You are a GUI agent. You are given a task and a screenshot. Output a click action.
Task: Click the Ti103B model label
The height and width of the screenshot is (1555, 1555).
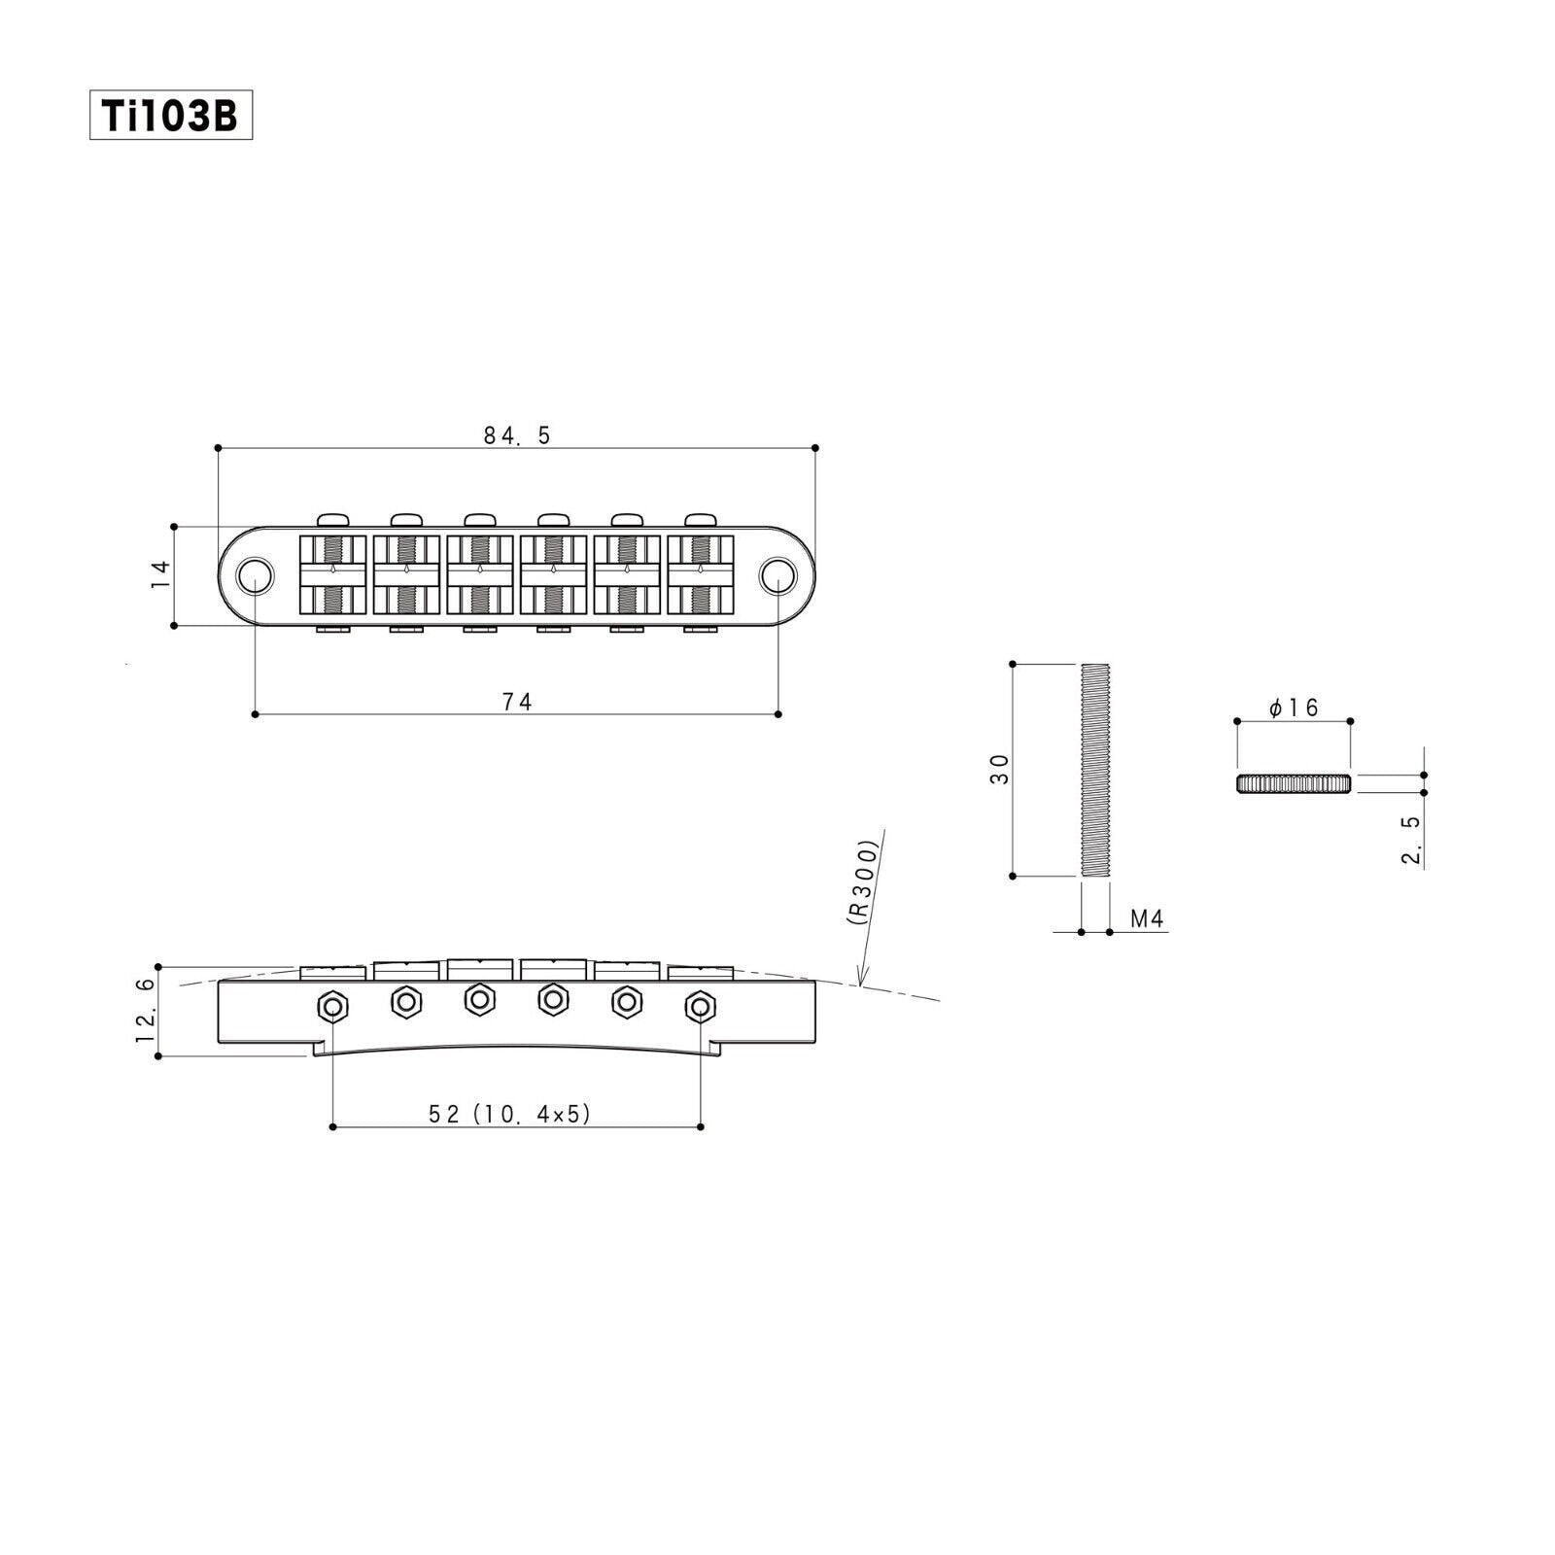coord(171,116)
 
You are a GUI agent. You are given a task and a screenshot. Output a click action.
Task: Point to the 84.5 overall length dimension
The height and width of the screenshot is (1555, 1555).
coord(517,435)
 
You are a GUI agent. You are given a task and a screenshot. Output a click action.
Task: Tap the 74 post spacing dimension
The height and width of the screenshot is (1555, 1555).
coord(517,701)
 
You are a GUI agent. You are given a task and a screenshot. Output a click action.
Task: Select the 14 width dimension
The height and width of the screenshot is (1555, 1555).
coord(161,574)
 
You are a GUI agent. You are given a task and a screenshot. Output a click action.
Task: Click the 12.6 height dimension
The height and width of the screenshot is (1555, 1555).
coord(145,1012)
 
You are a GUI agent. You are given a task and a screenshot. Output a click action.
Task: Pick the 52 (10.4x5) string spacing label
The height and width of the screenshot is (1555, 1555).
coord(510,1114)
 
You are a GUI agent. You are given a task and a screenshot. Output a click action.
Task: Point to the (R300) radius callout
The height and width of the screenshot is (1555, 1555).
coord(863,883)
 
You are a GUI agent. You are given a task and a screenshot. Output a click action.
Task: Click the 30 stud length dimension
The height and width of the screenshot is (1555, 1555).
coord(1000,769)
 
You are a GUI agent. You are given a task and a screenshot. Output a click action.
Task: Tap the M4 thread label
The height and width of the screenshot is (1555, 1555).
coord(1148,918)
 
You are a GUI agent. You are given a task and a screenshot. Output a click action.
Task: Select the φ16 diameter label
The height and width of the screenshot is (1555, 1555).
coord(1294,708)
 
